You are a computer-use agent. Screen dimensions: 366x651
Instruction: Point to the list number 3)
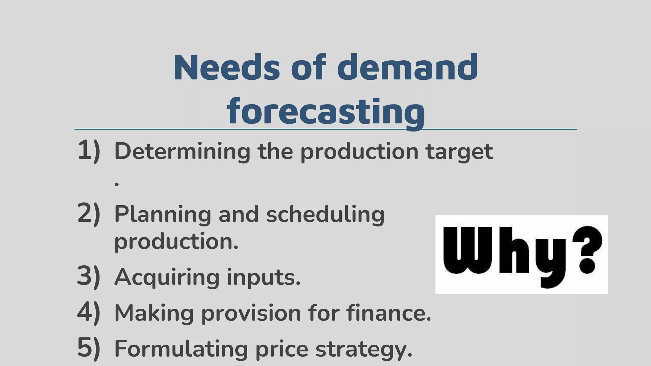click(89, 276)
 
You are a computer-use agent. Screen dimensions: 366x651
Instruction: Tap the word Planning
click(162, 215)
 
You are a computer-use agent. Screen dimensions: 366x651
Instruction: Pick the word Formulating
click(181, 349)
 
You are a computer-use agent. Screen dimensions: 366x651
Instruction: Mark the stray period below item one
click(117, 184)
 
